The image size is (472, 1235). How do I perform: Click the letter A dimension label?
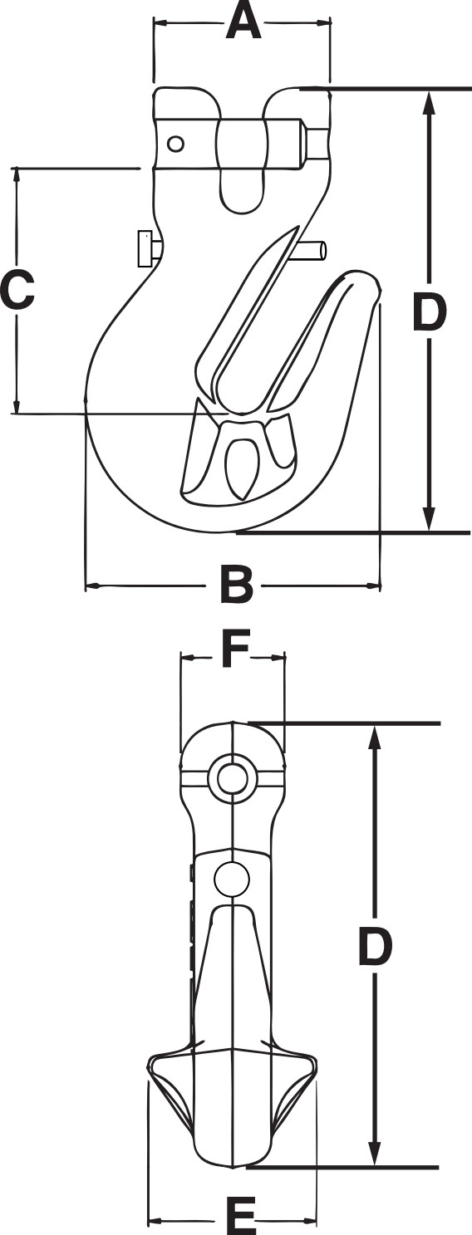[243, 22]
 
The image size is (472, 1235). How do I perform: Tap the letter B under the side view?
[236, 586]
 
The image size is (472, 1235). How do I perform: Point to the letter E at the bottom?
[241, 1218]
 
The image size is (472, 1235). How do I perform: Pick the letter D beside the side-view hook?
[430, 314]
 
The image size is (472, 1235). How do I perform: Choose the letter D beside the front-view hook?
[375, 947]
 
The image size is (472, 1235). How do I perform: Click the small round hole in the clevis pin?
[175, 145]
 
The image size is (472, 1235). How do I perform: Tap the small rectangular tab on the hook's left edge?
[146, 249]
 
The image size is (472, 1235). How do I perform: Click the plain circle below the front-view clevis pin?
[232, 878]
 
